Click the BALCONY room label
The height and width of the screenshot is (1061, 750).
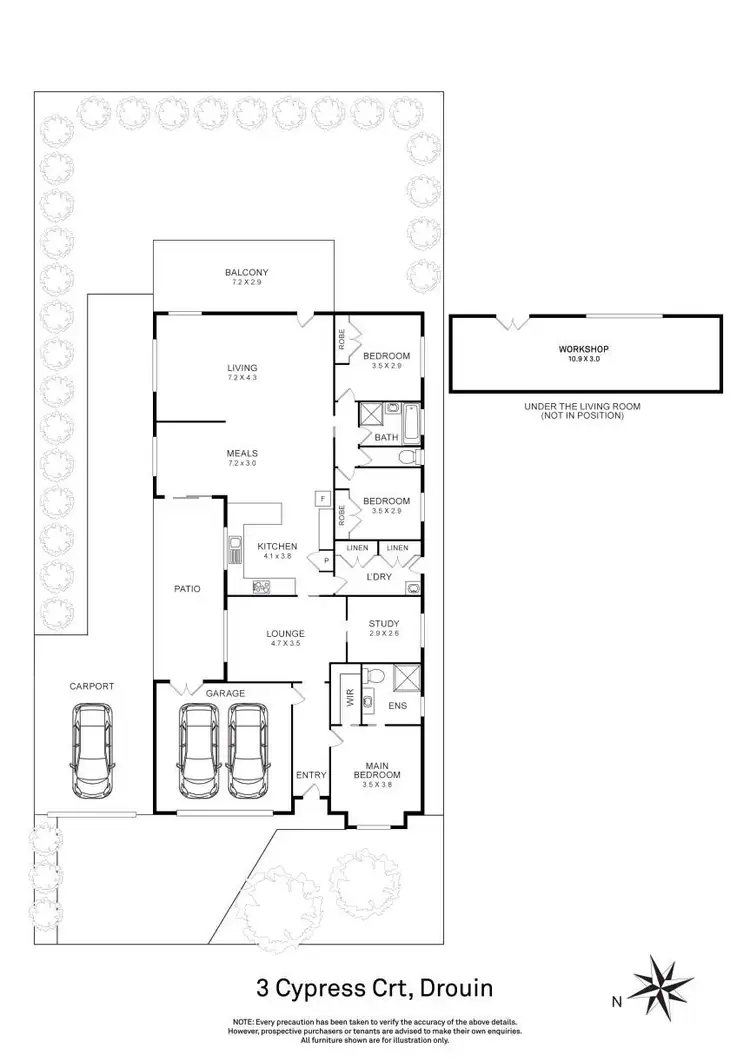click(x=246, y=272)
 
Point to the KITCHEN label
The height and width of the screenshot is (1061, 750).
click(x=277, y=545)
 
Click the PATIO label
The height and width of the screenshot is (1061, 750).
click(x=187, y=589)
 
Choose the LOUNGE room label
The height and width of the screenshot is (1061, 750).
click(x=285, y=633)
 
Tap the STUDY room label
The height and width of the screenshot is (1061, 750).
click(x=383, y=625)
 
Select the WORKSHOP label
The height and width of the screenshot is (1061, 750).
click(x=584, y=349)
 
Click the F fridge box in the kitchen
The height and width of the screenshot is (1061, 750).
click(x=323, y=498)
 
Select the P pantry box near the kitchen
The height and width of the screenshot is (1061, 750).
click(x=325, y=562)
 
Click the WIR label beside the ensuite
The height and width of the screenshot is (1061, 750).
click(x=350, y=699)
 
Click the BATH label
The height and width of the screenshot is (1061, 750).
click(x=386, y=437)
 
